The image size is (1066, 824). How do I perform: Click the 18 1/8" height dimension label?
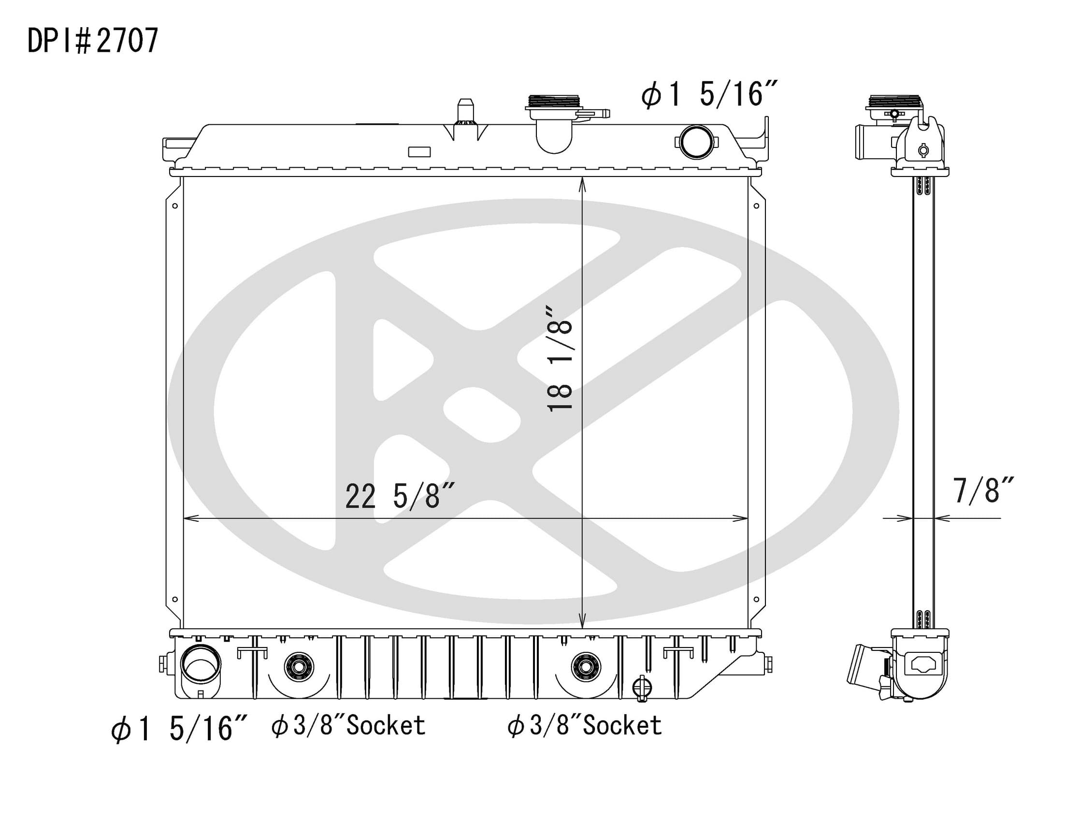[x=560, y=359]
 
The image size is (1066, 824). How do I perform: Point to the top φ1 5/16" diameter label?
[x=708, y=94]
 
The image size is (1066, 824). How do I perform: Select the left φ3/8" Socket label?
[x=348, y=726]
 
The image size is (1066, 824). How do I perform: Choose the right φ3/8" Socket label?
[x=584, y=726]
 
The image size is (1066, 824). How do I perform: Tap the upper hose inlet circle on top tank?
[x=696, y=142]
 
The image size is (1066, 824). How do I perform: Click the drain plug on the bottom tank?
[x=642, y=688]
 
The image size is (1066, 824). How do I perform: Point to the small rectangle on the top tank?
[x=419, y=152]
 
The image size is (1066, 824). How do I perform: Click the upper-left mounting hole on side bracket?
[x=175, y=206]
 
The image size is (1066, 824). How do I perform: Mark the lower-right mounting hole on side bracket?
[x=756, y=599]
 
